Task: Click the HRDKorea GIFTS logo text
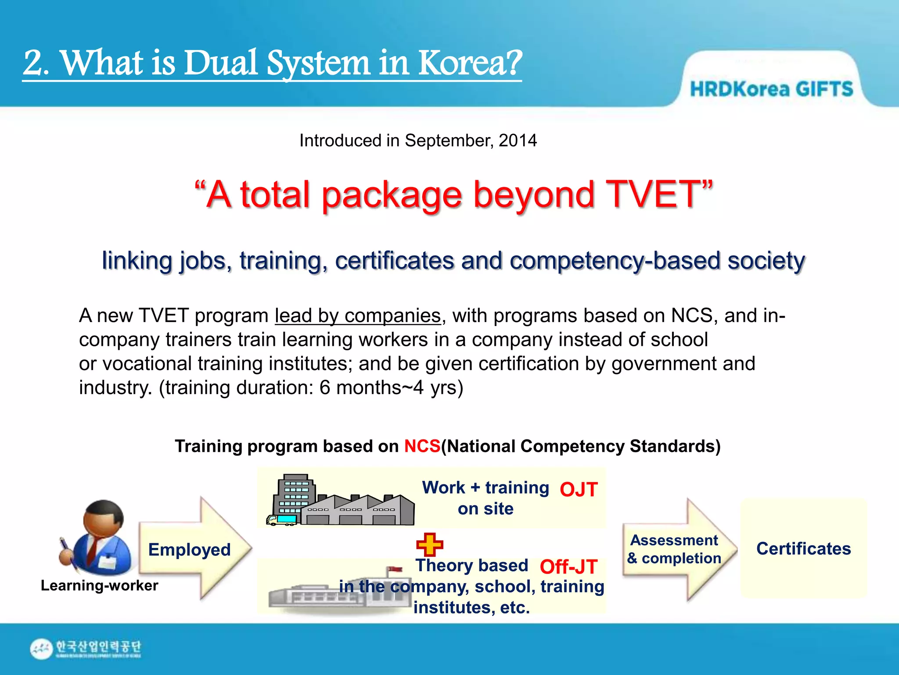tap(771, 89)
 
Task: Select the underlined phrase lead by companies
tap(357, 316)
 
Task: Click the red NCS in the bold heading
tap(422, 446)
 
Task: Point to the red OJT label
tap(579, 490)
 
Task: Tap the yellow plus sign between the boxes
tap(429, 544)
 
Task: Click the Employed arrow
tap(193, 549)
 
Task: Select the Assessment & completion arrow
tap(676, 549)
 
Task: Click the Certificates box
tap(803, 548)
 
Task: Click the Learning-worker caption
tap(100, 586)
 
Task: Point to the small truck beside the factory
tap(281, 520)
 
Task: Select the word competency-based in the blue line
tap(615, 261)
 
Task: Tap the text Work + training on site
tap(485, 498)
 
